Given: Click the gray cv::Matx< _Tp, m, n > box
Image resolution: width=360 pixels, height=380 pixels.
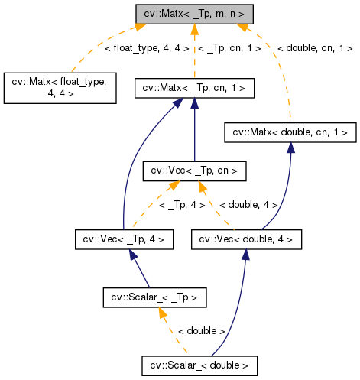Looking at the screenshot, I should click(x=194, y=15).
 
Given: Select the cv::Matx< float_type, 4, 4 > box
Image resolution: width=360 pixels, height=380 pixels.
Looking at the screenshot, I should click(x=60, y=88).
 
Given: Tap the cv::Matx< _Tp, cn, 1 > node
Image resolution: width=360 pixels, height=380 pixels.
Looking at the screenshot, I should click(x=194, y=88).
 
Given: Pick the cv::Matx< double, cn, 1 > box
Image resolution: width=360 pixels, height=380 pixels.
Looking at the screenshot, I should click(x=290, y=132).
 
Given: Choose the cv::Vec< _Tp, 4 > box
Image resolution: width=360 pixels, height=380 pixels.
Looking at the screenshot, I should click(x=123, y=239).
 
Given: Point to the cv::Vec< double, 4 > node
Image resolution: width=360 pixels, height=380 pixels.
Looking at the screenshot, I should click(x=246, y=239).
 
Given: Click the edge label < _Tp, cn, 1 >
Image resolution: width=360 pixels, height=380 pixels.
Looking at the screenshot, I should click(x=229, y=48).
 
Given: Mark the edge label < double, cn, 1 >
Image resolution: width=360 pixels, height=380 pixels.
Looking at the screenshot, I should click(x=314, y=48).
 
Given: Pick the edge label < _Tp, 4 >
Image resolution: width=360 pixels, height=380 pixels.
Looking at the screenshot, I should click(x=181, y=205).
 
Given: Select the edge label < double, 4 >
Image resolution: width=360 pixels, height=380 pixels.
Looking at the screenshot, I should click(x=248, y=205).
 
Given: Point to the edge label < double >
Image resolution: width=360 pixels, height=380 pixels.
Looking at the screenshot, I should click(x=200, y=331).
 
